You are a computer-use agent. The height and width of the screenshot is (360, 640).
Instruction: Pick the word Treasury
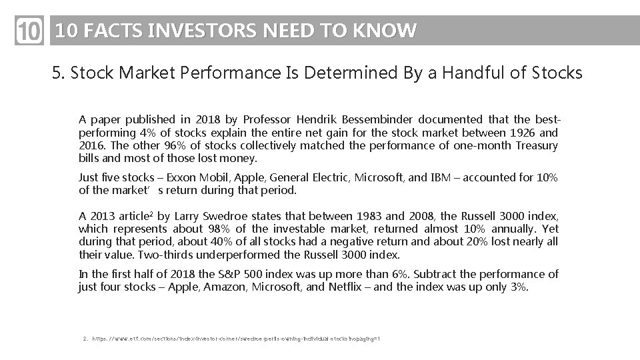tap(537, 145)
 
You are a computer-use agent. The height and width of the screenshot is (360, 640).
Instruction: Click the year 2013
tap(101, 216)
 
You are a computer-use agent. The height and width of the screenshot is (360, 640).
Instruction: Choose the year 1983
tap(369, 216)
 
